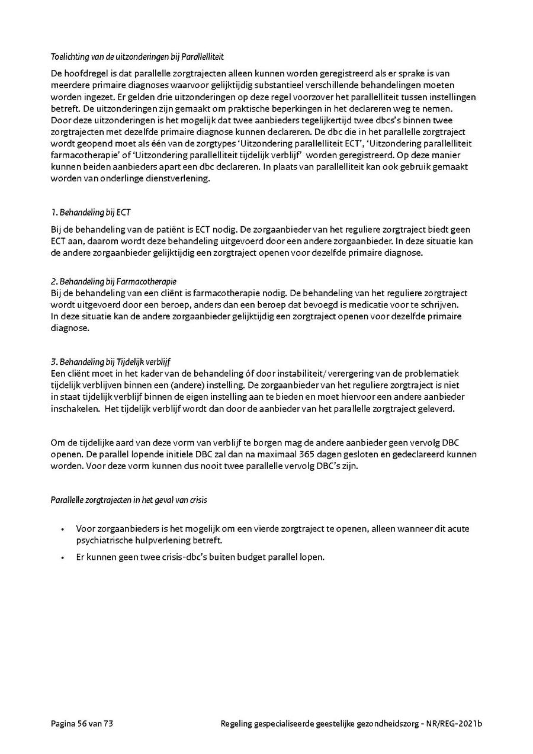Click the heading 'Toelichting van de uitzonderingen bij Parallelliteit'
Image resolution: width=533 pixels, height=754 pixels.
137,57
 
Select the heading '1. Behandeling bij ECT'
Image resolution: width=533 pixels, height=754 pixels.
91,211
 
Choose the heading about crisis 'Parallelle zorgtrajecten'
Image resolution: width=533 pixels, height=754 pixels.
129,500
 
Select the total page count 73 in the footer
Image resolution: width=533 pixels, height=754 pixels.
108,723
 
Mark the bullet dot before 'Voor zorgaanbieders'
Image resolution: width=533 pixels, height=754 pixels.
62,529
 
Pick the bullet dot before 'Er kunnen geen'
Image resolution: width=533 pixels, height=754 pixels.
62,557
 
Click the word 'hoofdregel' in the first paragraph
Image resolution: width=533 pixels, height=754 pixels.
89,74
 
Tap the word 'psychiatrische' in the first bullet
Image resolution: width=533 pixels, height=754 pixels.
103,540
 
